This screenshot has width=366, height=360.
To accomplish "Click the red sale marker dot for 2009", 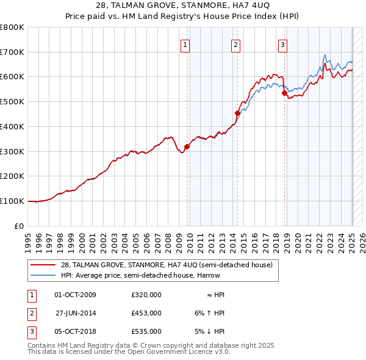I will click(187, 146).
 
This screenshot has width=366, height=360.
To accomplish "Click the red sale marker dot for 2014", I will click(237, 113).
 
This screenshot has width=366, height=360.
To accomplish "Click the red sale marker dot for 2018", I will click(284, 93).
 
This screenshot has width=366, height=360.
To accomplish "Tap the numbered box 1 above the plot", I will click(185, 43).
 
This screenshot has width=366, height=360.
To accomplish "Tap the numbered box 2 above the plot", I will click(235, 43).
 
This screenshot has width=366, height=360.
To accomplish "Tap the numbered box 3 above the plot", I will click(283, 43).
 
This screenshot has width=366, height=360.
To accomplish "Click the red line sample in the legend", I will click(44, 265).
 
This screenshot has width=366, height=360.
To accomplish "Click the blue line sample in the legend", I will click(44, 275).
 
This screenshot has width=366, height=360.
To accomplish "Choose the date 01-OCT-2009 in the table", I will click(75, 295).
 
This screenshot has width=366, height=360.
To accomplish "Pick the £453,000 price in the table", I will click(146, 313).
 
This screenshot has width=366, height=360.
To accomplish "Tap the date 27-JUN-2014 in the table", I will click(76, 313).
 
